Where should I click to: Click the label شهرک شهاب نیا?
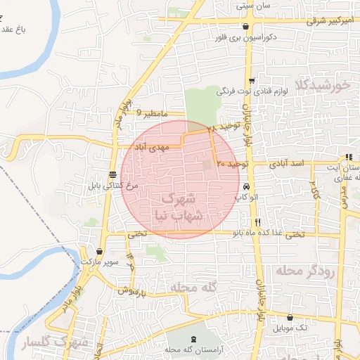pos(181,207)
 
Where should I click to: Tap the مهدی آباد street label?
pos(155,148)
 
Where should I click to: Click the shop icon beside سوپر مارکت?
pos(101,252)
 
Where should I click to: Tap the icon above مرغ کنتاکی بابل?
pos(112,174)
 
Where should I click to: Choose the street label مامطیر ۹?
pos(153,112)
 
